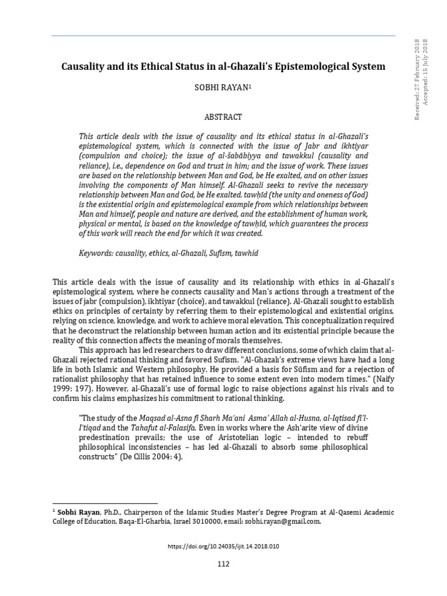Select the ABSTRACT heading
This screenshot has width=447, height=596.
pyautogui.click(x=223, y=116)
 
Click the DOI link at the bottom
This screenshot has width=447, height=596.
pyautogui.click(x=223, y=546)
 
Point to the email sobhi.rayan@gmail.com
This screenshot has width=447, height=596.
pyautogui.click(x=282, y=522)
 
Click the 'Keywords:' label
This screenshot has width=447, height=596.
pyautogui.click(x=96, y=254)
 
